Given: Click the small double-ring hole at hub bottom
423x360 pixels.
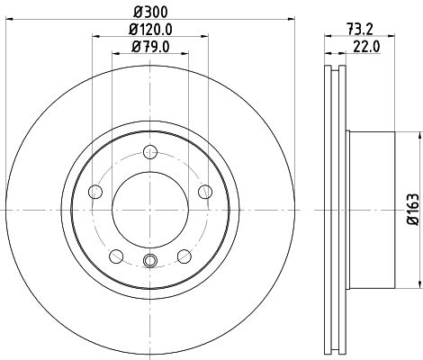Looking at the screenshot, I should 148,261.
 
